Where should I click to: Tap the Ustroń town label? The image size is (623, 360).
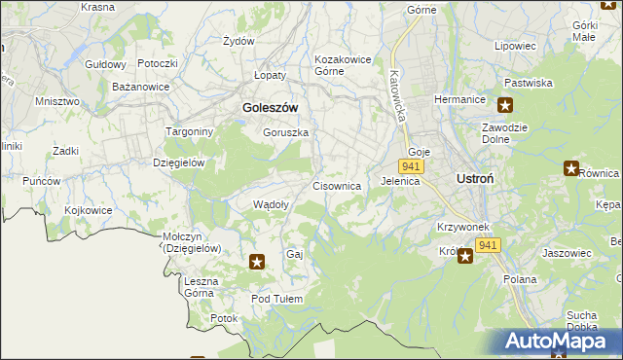[x=479, y=179]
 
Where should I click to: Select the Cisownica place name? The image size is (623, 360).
[x=337, y=185]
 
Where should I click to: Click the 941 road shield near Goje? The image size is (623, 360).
[x=410, y=167]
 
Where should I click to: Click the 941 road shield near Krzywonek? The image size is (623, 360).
[x=489, y=245]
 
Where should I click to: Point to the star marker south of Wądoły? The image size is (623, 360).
[x=257, y=261]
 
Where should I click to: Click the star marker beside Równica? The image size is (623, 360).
[x=571, y=168]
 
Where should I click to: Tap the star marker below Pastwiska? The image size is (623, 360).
[x=505, y=105]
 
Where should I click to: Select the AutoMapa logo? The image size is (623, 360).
[x=561, y=341]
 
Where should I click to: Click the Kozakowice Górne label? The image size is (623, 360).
[x=343, y=65]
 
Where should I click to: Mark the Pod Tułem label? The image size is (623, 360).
[x=277, y=299]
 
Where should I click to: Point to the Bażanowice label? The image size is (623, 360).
[x=141, y=87]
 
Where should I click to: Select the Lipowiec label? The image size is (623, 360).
[x=515, y=46]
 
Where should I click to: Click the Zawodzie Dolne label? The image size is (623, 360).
[x=505, y=133]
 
